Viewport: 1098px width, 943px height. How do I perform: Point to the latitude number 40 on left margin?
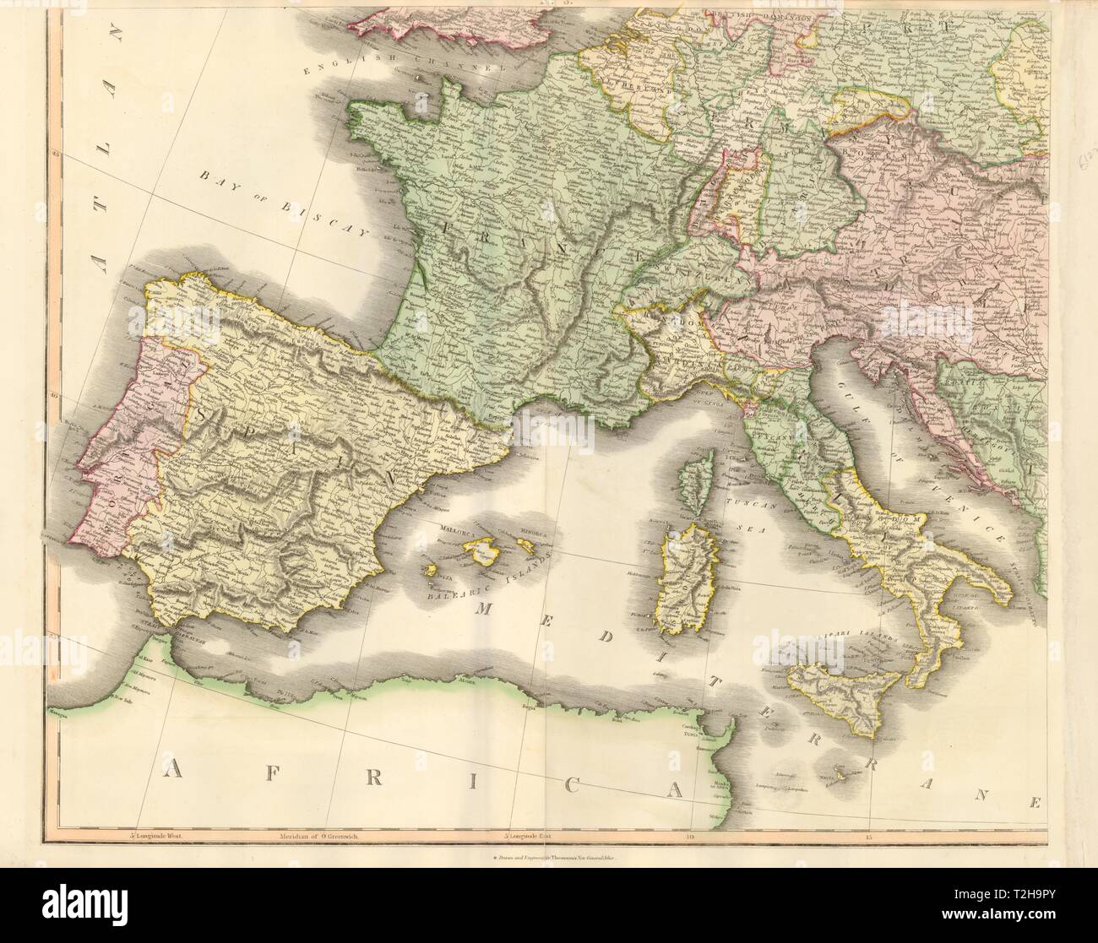click(x=52, y=394)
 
